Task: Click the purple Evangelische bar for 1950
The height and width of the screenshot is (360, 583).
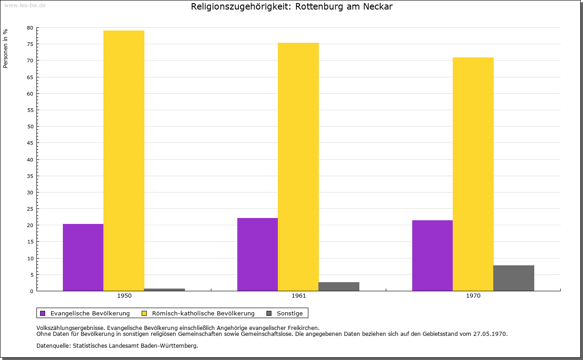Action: (83, 257)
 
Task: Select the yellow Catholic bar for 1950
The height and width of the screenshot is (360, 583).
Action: (124, 161)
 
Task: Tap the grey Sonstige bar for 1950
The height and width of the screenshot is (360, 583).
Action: (164, 289)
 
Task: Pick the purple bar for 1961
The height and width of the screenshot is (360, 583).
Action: (257, 254)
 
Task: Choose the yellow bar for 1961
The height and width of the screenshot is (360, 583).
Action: (298, 167)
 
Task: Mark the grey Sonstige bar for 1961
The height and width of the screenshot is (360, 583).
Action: (339, 286)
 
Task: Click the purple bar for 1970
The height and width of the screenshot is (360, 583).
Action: (432, 255)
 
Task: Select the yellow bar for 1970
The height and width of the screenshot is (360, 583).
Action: (473, 174)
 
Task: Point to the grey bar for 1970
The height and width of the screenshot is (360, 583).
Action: (514, 278)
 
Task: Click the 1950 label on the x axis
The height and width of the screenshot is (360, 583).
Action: (124, 296)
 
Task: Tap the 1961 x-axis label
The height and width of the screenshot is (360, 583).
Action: (299, 296)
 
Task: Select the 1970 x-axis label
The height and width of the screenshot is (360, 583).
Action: (473, 296)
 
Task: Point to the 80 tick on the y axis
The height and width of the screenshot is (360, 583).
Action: (30, 28)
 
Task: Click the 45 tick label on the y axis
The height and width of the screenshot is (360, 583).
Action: (30, 143)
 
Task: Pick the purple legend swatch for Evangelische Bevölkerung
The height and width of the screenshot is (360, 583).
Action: (43, 313)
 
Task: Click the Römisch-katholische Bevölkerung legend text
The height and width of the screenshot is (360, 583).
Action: (203, 313)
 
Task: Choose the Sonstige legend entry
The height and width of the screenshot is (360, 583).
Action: (290, 313)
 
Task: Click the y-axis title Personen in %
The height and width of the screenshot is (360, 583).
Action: (5, 48)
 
